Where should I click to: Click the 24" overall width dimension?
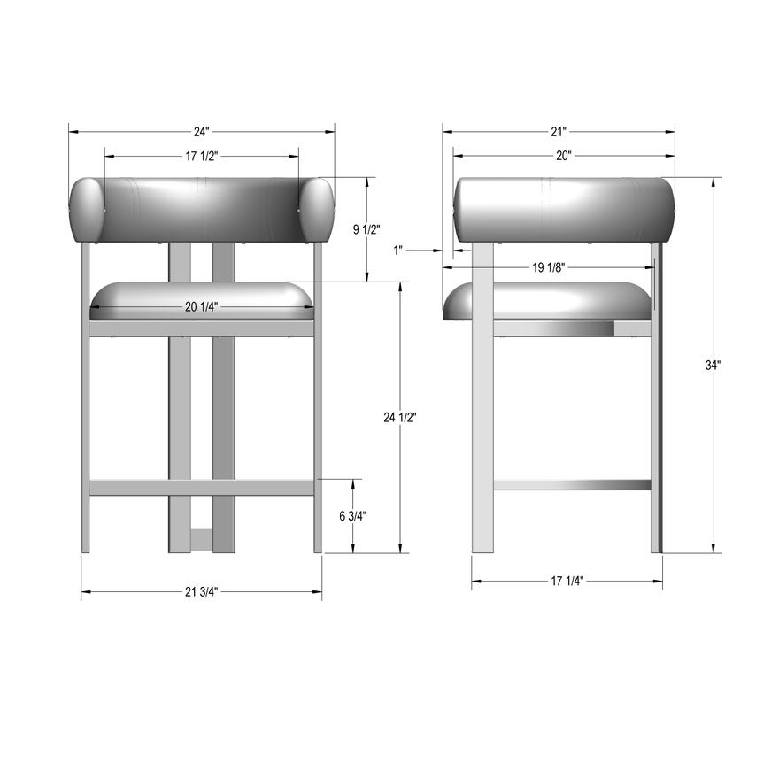coord(202,132)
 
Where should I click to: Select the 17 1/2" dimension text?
coord(202,156)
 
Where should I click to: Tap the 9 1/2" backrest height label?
coord(366,229)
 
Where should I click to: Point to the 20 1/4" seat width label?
coord(202,307)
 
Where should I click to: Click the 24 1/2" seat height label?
coord(400,417)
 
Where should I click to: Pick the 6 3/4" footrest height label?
coord(354,516)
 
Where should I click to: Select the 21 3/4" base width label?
coord(202,591)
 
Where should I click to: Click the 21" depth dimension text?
coord(558,132)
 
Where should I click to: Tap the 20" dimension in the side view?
coord(564,156)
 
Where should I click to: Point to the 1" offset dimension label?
coord(398,251)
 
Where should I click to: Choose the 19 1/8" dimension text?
coord(549,267)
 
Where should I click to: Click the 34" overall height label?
coord(713,365)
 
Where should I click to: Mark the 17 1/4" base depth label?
coord(567,582)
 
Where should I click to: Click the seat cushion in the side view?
coord(549,301)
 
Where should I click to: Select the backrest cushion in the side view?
coord(564,209)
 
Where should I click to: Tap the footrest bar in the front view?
coord(202,487)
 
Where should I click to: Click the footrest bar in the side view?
coord(572,485)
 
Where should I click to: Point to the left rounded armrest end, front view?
coord(87,210)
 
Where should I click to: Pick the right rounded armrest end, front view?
coord(317,210)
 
